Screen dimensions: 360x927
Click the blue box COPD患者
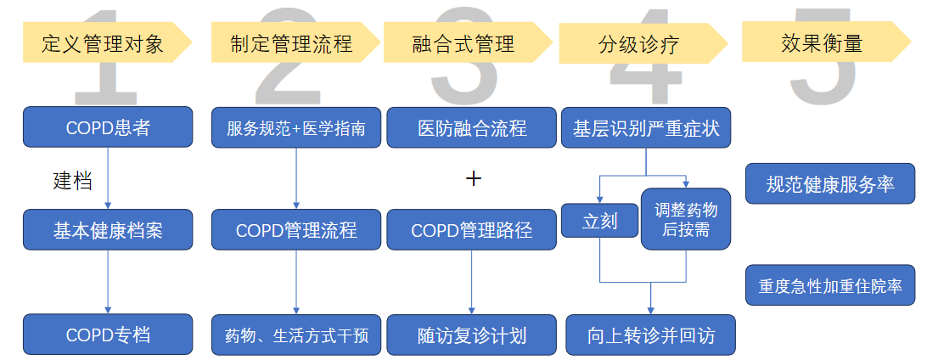coord(108,128)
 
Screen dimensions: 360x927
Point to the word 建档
coord(72,180)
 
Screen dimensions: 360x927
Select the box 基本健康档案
coord(108,229)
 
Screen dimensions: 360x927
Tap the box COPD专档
coord(108,335)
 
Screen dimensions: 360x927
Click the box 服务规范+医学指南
coord(296,128)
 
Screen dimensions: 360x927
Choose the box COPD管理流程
coord(296,229)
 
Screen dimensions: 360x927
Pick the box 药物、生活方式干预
coord(296,335)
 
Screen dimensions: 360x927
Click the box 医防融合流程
coord(472,128)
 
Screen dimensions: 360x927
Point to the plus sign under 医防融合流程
coord(474,178)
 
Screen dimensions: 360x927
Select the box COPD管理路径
coord(472,229)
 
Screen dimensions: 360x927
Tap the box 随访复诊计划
coord(472,335)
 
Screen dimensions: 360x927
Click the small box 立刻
coord(599,222)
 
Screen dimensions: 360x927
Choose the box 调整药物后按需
coord(685,219)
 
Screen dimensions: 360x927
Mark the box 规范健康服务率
coord(829,183)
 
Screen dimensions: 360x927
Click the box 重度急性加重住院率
coord(829,287)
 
